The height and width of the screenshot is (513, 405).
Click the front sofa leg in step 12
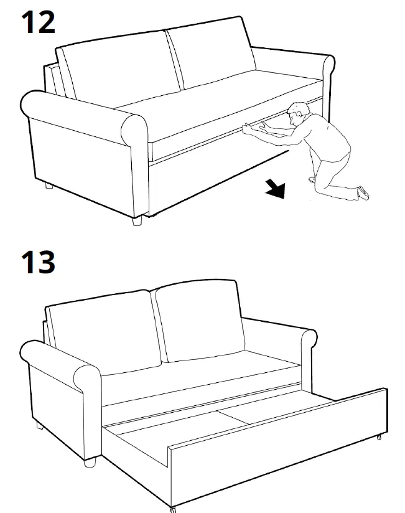point(137,220)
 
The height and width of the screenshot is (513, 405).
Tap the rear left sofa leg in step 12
point(48,185)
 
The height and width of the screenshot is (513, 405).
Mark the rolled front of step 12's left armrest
point(134,130)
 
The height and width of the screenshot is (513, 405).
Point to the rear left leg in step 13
point(40,426)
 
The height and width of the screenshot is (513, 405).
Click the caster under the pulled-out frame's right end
point(379,438)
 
